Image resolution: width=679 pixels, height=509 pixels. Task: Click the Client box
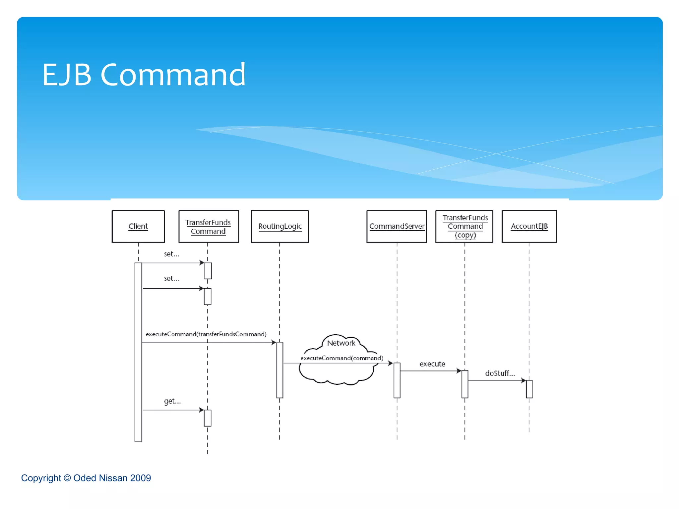138,226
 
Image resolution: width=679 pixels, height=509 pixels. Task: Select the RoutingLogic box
280,226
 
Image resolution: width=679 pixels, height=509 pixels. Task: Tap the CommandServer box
397,226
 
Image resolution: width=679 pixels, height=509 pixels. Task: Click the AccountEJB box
529,226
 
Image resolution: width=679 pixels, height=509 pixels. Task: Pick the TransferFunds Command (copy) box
464,226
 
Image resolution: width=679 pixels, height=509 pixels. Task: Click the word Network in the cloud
341,343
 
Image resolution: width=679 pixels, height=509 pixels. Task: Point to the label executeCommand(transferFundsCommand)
206,334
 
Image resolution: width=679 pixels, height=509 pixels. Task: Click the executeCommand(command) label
341,358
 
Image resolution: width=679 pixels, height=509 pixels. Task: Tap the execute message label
432,364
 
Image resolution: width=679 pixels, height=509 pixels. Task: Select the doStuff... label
500,373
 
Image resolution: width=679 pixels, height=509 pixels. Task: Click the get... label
172,401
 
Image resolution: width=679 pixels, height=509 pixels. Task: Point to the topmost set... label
171,254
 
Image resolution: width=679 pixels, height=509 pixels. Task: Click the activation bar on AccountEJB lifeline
529,389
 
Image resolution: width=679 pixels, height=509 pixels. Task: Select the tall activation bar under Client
138,351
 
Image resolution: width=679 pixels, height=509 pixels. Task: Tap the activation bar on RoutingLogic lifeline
280,370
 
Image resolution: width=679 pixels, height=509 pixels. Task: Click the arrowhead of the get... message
202,410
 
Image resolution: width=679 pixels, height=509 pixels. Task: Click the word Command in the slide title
173,75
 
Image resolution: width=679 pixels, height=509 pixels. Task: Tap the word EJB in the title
66,75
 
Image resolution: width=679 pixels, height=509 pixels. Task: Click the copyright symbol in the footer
67,478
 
